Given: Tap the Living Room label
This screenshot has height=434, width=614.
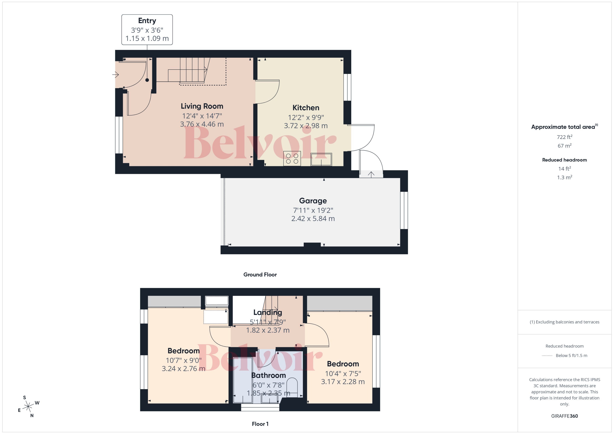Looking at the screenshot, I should [202, 106].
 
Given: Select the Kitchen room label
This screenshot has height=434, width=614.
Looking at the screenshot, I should [306, 108].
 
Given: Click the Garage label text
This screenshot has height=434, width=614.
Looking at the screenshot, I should [313, 201].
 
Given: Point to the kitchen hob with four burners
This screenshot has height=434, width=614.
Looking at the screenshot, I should [292, 158].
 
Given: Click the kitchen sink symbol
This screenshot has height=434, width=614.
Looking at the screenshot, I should [321, 159].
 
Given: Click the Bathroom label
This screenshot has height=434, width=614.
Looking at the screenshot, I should [268, 375].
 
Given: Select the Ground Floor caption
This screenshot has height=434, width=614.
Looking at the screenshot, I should [260, 274].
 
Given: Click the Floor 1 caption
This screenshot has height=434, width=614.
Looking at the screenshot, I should [260, 424].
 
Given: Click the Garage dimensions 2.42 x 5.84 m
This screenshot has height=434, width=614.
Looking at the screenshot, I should [313, 219].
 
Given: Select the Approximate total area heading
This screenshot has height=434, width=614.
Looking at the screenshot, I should [563, 127].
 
